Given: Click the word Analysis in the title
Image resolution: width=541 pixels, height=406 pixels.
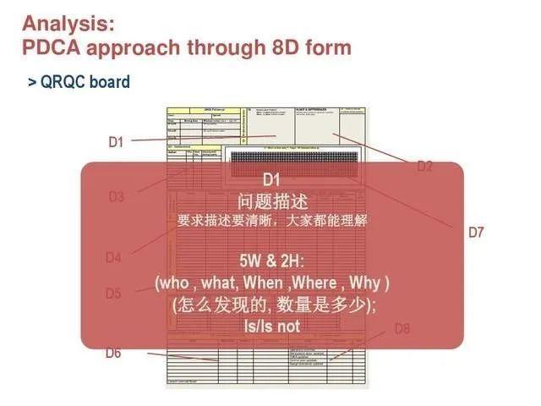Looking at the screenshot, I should pyautogui.click(x=64, y=19).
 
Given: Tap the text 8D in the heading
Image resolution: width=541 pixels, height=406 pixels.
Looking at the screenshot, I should pyautogui.click(x=281, y=47).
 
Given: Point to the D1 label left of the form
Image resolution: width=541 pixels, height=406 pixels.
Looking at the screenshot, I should pyautogui.click(x=116, y=142).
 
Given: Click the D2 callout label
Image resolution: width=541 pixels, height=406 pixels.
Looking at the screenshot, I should pyautogui.click(x=424, y=167).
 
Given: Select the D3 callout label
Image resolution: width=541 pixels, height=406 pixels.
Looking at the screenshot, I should pyautogui.click(x=116, y=197).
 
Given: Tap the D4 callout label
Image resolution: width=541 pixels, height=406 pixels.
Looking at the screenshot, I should pyautogui.click(x=113, y=257).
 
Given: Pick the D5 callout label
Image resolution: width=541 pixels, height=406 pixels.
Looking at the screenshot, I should pyautogui.click(x=113, y=294).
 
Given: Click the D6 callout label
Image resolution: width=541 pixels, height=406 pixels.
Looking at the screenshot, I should pyautogui.click(x=113, y=353).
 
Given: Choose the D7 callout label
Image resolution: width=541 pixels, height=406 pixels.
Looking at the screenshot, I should pyautogui.click(x=476, y=233).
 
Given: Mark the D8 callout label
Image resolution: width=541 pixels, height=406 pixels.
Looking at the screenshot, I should pyautogui.click(x=402, y=328).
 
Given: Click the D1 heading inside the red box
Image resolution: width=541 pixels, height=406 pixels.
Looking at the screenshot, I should pyautogui.click(x=270, y=180).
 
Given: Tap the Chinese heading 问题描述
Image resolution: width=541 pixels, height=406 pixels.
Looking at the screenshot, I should pyautogui.click(x=271, y=203).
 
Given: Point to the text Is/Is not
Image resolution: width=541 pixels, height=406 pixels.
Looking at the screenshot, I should pyautogui.click(x=271, y=326).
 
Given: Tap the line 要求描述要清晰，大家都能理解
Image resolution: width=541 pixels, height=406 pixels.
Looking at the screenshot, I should pyautogui.click(x=271, y=221).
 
